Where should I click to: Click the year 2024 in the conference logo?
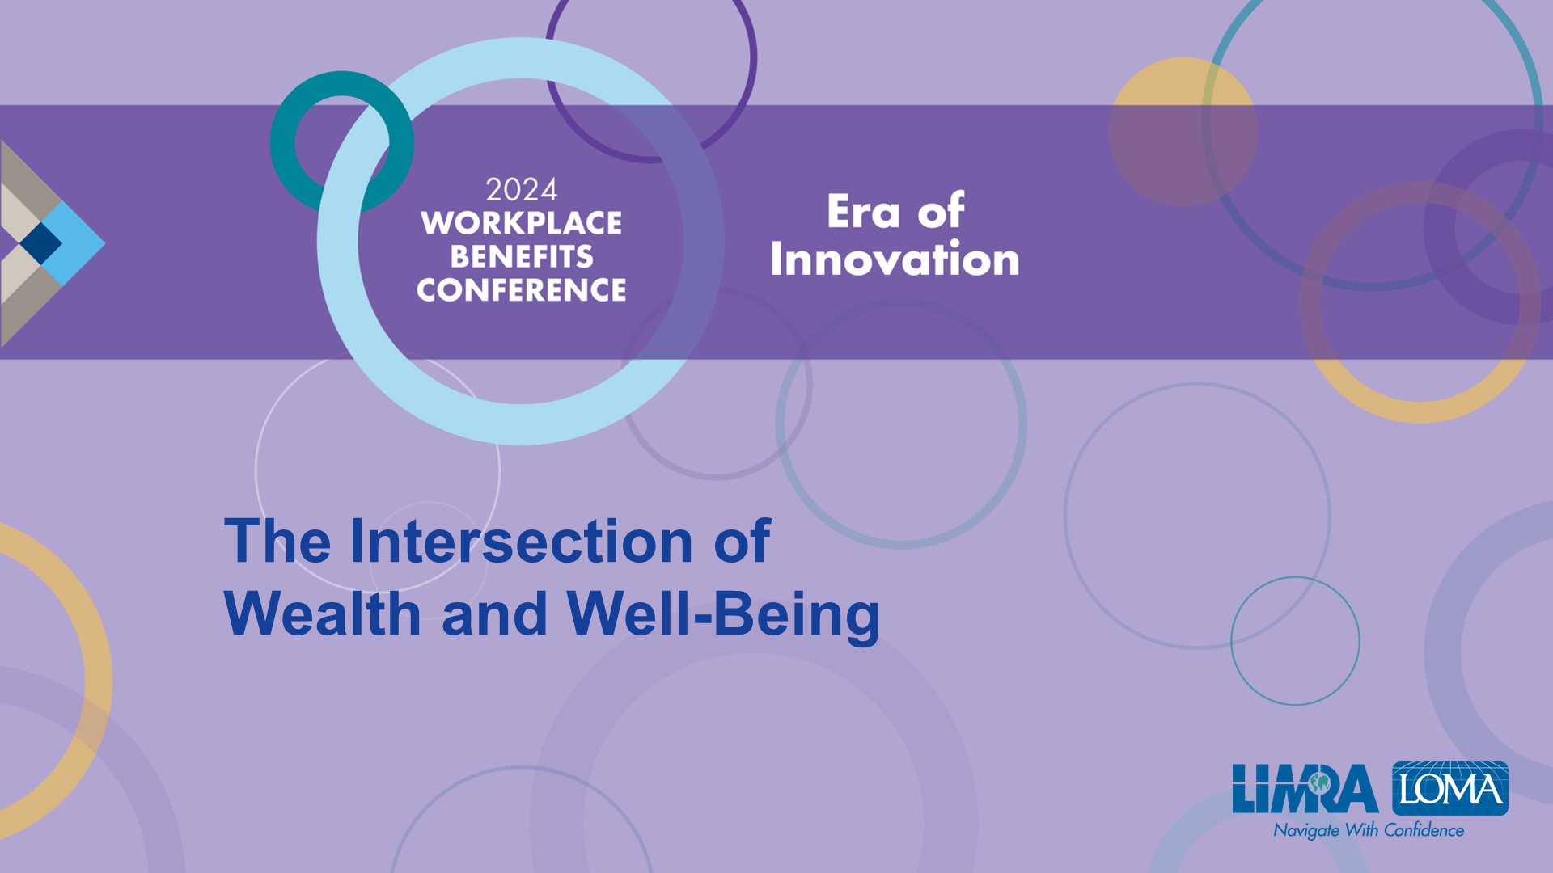pos(522,191)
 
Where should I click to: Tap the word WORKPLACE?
pos(522,223)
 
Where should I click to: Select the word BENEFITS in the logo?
pos(522,257)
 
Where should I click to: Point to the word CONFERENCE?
pos(522,290)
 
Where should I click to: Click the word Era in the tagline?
pos(863,212)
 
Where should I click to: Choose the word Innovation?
pos(895,259)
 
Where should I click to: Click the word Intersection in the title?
pos(521,541)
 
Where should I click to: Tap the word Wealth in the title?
pos(322,614)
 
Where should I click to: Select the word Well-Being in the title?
pos(723,616)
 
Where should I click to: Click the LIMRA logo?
pos(1305,789)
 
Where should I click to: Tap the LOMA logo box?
pos(1450,788)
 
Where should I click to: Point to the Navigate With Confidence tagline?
pos(1369,830)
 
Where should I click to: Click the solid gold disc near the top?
pos(1183,132)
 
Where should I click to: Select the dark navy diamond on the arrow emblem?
pos(40,242)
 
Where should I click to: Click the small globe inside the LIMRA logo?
pos(1320,782)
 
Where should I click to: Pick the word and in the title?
pos(494,614)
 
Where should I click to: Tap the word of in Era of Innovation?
pos(941,212)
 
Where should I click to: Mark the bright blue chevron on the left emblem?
pos(77,242)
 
